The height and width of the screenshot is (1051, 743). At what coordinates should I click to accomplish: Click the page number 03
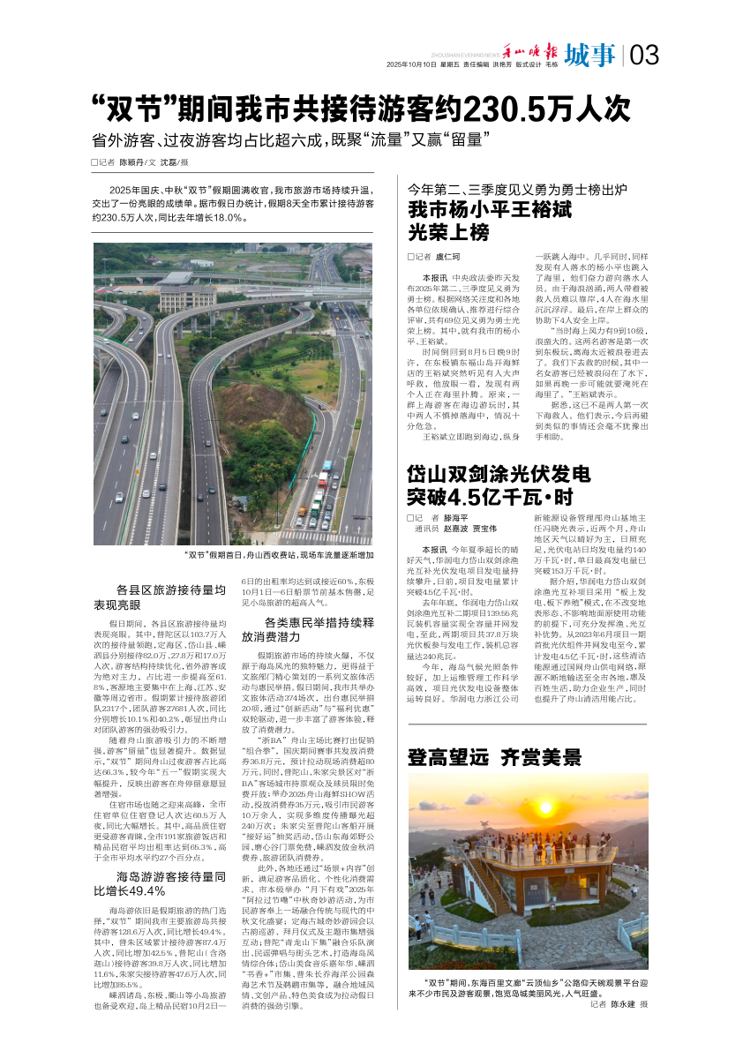pos(644,55)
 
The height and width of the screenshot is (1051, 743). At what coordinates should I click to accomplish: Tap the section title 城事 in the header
pos(590,55)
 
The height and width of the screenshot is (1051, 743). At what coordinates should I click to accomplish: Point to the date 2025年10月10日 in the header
pos(411,65)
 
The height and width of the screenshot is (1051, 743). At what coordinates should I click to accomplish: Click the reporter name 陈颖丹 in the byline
pos(132,162)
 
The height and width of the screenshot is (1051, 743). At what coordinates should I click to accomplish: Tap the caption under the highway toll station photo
pos(279,555)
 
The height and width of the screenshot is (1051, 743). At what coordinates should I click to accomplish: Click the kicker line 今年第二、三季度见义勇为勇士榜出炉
pos(516,189)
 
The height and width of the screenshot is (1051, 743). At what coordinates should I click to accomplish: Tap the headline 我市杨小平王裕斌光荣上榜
pos(490,221)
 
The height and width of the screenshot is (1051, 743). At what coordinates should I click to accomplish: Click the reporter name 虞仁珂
pos(447,256)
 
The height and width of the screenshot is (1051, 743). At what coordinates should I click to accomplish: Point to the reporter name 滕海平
pos(456,518)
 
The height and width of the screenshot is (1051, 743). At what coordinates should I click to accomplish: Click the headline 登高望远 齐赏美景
pos(494,756)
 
